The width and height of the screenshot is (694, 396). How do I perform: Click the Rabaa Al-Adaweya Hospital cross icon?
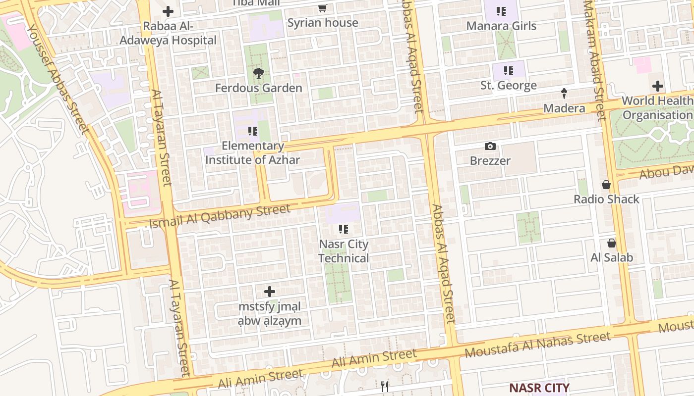(168, 11)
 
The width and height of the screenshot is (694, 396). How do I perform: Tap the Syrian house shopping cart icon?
(322, 8)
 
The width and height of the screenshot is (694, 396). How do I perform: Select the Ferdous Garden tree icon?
(258, 74)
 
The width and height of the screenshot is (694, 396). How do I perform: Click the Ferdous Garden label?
(258, 88)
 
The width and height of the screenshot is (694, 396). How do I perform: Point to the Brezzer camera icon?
(490, 146)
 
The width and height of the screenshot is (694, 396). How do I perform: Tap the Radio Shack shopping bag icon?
(606, 185)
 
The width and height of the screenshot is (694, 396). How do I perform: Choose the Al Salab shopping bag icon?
(611, 243)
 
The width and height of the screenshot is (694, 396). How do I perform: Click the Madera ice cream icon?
(564, 93)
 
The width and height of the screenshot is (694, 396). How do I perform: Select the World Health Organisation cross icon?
(657, 86)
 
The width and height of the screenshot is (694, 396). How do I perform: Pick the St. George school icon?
(508, 71)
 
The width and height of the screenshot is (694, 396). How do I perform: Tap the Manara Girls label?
(501, 26)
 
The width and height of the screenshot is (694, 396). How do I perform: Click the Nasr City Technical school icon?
(343, 229)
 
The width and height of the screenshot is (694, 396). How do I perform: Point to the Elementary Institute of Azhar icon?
(252, 131)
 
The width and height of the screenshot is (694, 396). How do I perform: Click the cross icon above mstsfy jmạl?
(269, 292)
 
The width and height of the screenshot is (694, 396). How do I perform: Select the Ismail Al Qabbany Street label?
(220, 216)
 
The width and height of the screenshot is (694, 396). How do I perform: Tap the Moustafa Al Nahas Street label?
(537, 345)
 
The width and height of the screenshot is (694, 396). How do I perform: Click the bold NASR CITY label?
(539, 387)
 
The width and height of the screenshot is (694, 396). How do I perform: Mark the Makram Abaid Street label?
(594, 59)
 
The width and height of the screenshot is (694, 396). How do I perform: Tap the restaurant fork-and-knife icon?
(385, 386)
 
